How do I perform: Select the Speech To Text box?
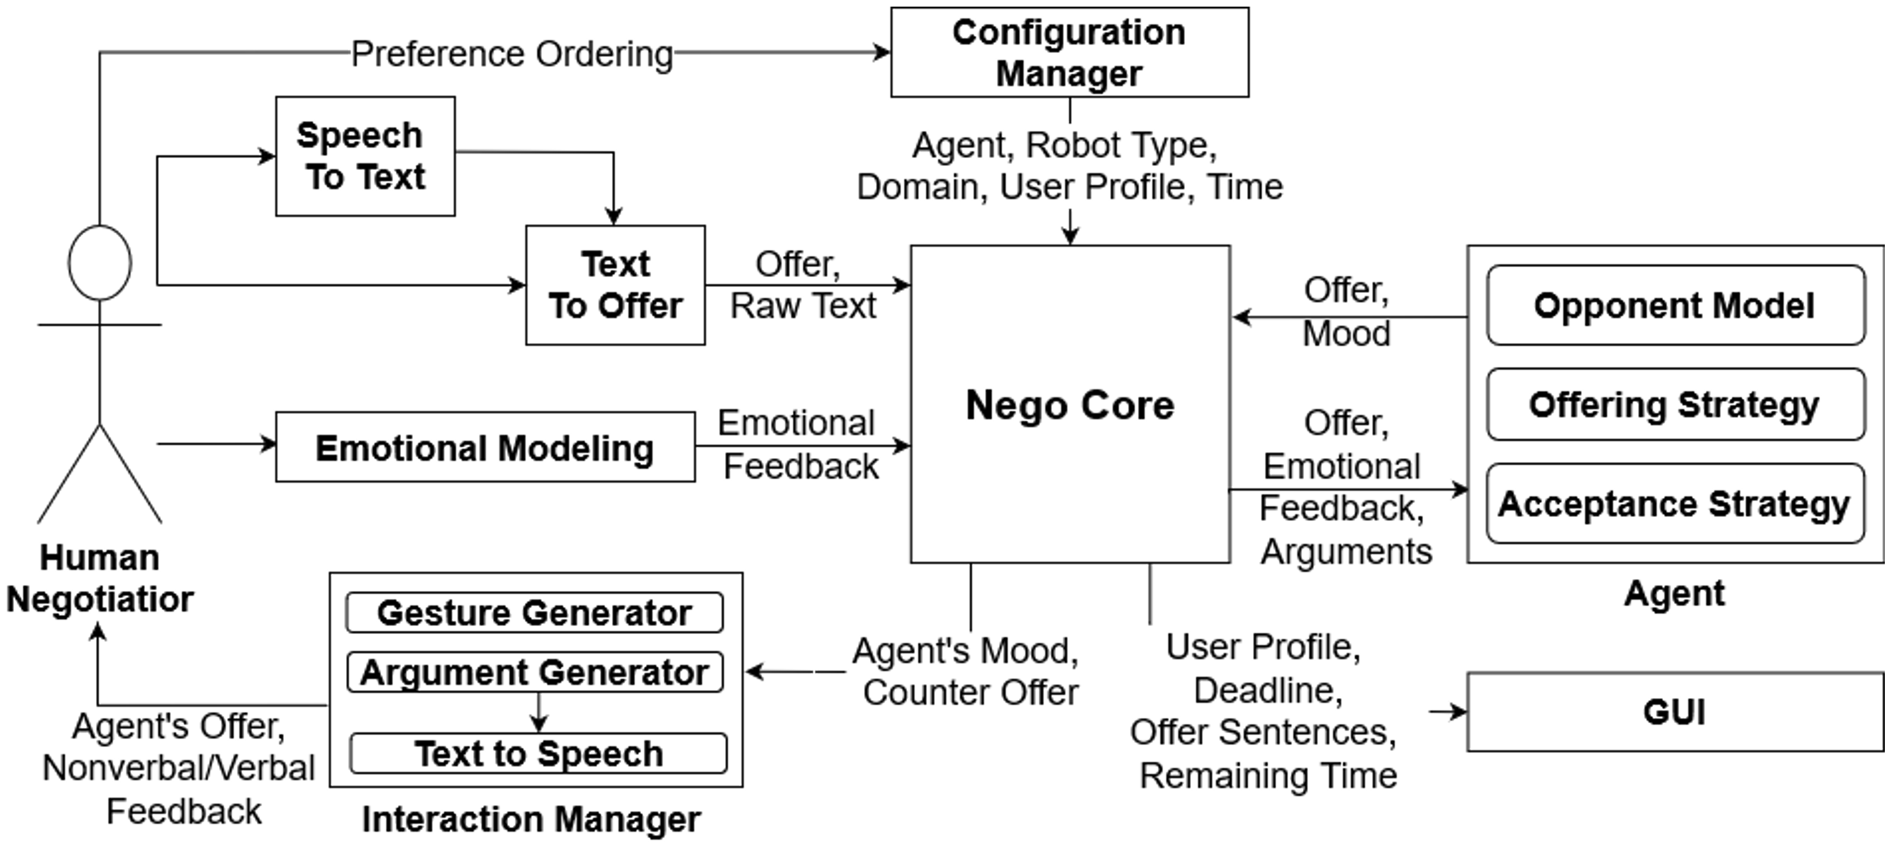[x=365, y=156]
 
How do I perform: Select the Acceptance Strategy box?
[x=1674, y=504]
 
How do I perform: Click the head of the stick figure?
[x=100, y=263]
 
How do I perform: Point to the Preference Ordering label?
[x=512, y=54]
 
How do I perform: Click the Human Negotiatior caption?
[x=100, y=578]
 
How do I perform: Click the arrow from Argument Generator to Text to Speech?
[x=539, y=713]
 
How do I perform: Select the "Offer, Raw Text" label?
[x=802, y=285]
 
